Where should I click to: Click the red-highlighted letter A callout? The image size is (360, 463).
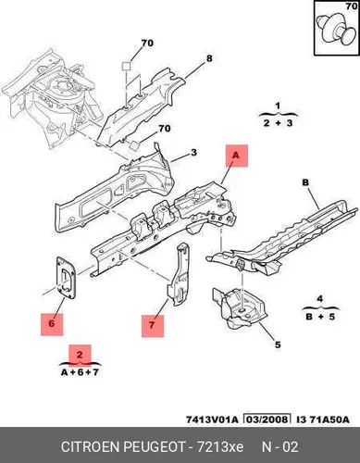(237, 156)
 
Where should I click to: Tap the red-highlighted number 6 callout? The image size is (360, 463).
(52, 324)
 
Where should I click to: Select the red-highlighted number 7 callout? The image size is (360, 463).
(153, 326)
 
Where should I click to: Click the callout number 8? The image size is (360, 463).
(209, 58)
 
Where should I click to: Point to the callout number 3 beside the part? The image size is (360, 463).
(193, 153)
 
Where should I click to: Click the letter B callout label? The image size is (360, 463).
(305, 182)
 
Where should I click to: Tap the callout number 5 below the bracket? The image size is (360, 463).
(278, 344)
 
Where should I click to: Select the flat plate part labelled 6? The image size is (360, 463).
(66, 278)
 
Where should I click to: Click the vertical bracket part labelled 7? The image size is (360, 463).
(179, 274)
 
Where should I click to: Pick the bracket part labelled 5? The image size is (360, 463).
(239, 307)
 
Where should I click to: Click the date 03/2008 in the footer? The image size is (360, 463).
(267, 419)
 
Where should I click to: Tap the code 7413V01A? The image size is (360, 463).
(212, 419)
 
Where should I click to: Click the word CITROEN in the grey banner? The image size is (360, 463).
(91, 447)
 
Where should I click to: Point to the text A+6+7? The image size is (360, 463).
(80, 372)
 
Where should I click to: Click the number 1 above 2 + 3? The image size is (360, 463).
(278, 106)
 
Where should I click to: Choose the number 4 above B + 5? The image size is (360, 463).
(320, 299)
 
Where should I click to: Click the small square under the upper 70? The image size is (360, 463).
(127, 66)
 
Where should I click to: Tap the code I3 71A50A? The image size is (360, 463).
(323, 419)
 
